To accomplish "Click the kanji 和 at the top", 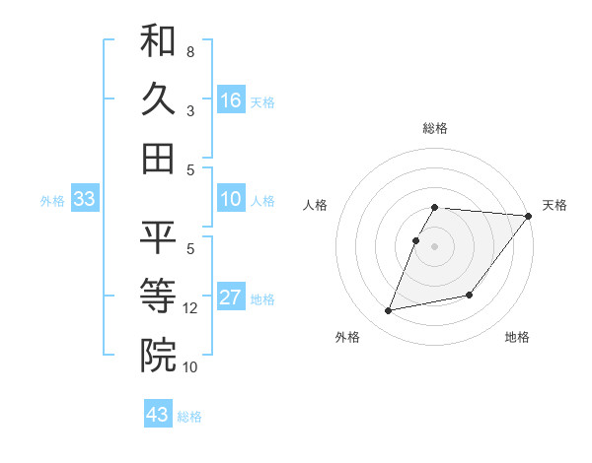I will click(158, 41).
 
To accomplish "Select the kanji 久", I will click(158, 99).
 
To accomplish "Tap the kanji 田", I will click(158, 158).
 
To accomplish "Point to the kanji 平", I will click(158, 236).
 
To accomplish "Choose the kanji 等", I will click(158, 295).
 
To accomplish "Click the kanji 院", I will click(158, 354).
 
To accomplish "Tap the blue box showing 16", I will click(231, 100).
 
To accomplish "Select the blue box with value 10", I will click(231, 199).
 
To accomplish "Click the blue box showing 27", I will click(231, 298).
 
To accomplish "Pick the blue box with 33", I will click(85, 199).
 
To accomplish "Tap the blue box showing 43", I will click(158, 415).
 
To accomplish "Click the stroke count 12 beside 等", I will click(190, 308).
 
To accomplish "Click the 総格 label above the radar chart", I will click(435, 128).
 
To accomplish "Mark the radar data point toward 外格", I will click(389, 311).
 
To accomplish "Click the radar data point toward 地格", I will click(470, 295).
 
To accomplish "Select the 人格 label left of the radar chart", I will click(316, 205).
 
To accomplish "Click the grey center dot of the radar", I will click(435, 246).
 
